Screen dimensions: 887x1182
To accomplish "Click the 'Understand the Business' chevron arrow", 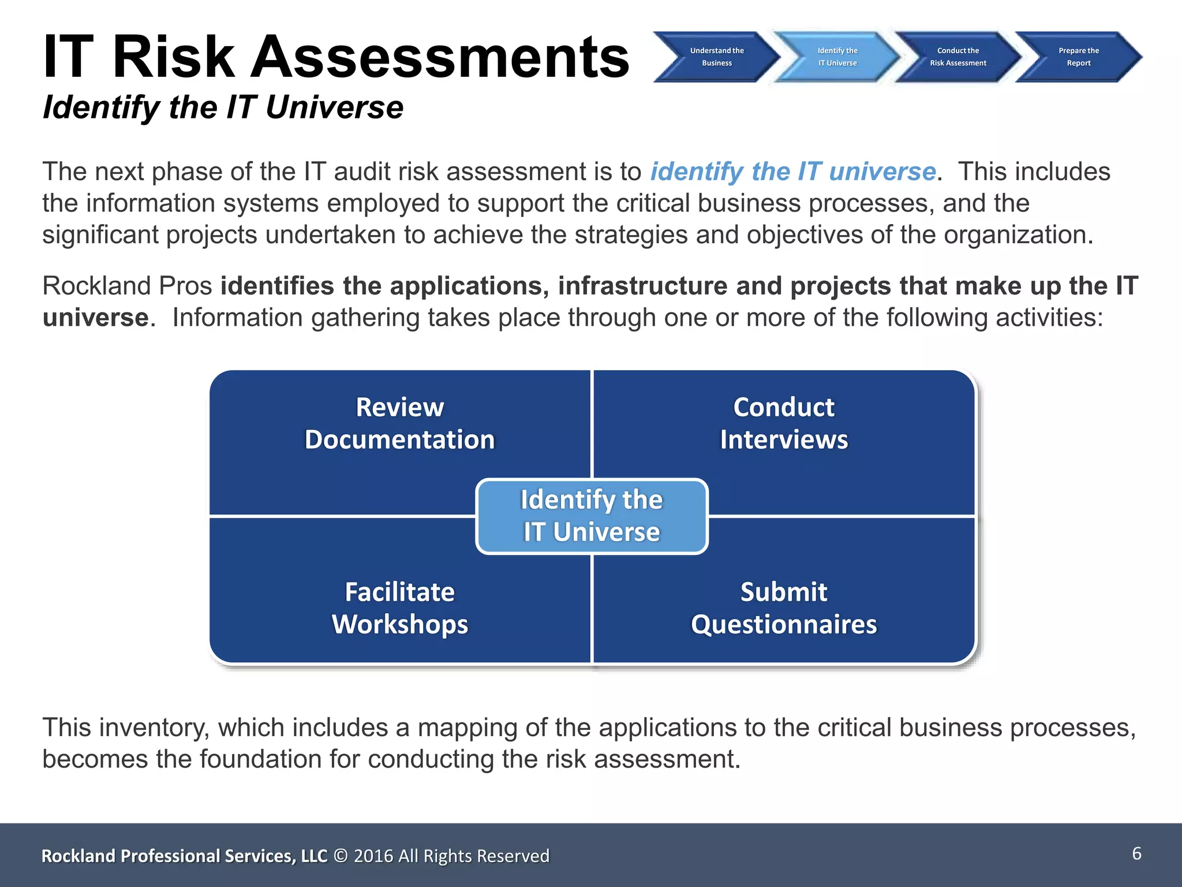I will coord(717,57).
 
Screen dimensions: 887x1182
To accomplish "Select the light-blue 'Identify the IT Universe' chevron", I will coord(837,57).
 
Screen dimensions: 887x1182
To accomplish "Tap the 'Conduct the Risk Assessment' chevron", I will coord(958,57).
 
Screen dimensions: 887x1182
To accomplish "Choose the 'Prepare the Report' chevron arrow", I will coord(1079,57).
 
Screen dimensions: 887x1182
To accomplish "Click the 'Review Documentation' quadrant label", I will coord(400,423).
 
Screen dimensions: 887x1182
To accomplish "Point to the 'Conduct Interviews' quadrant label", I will coord(784,423).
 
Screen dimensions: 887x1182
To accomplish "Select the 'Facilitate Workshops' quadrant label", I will coord(400,608).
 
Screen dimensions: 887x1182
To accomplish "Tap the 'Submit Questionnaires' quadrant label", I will coord(784,608).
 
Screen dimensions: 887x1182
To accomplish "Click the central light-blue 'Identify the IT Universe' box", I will coord(592,516).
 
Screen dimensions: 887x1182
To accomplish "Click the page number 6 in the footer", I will coord(1136,854).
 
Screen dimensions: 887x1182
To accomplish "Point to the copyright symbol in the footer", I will coord(341,856).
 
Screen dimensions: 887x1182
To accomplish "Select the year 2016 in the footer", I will coord(373,856).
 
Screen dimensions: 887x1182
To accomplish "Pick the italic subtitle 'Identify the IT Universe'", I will coord(223,107).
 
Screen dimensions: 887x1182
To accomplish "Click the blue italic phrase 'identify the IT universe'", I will coord(793,172).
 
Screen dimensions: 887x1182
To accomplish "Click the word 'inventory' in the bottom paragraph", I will coord(155,728).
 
